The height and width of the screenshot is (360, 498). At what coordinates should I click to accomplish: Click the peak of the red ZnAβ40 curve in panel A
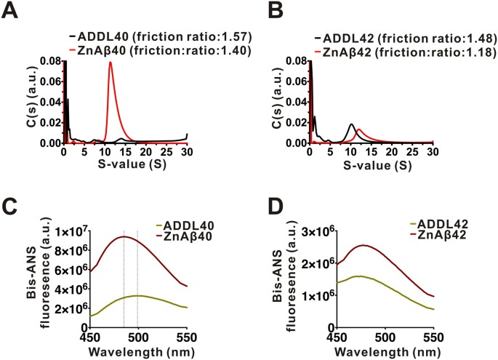tap(111, 63)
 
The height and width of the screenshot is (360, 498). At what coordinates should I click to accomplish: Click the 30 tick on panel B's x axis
tap(432, 151)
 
